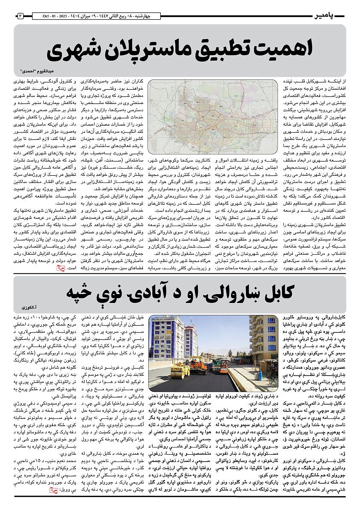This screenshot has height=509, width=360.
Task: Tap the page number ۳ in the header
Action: click(20, 16)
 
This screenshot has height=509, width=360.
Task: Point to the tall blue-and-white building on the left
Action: click(166, 338)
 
